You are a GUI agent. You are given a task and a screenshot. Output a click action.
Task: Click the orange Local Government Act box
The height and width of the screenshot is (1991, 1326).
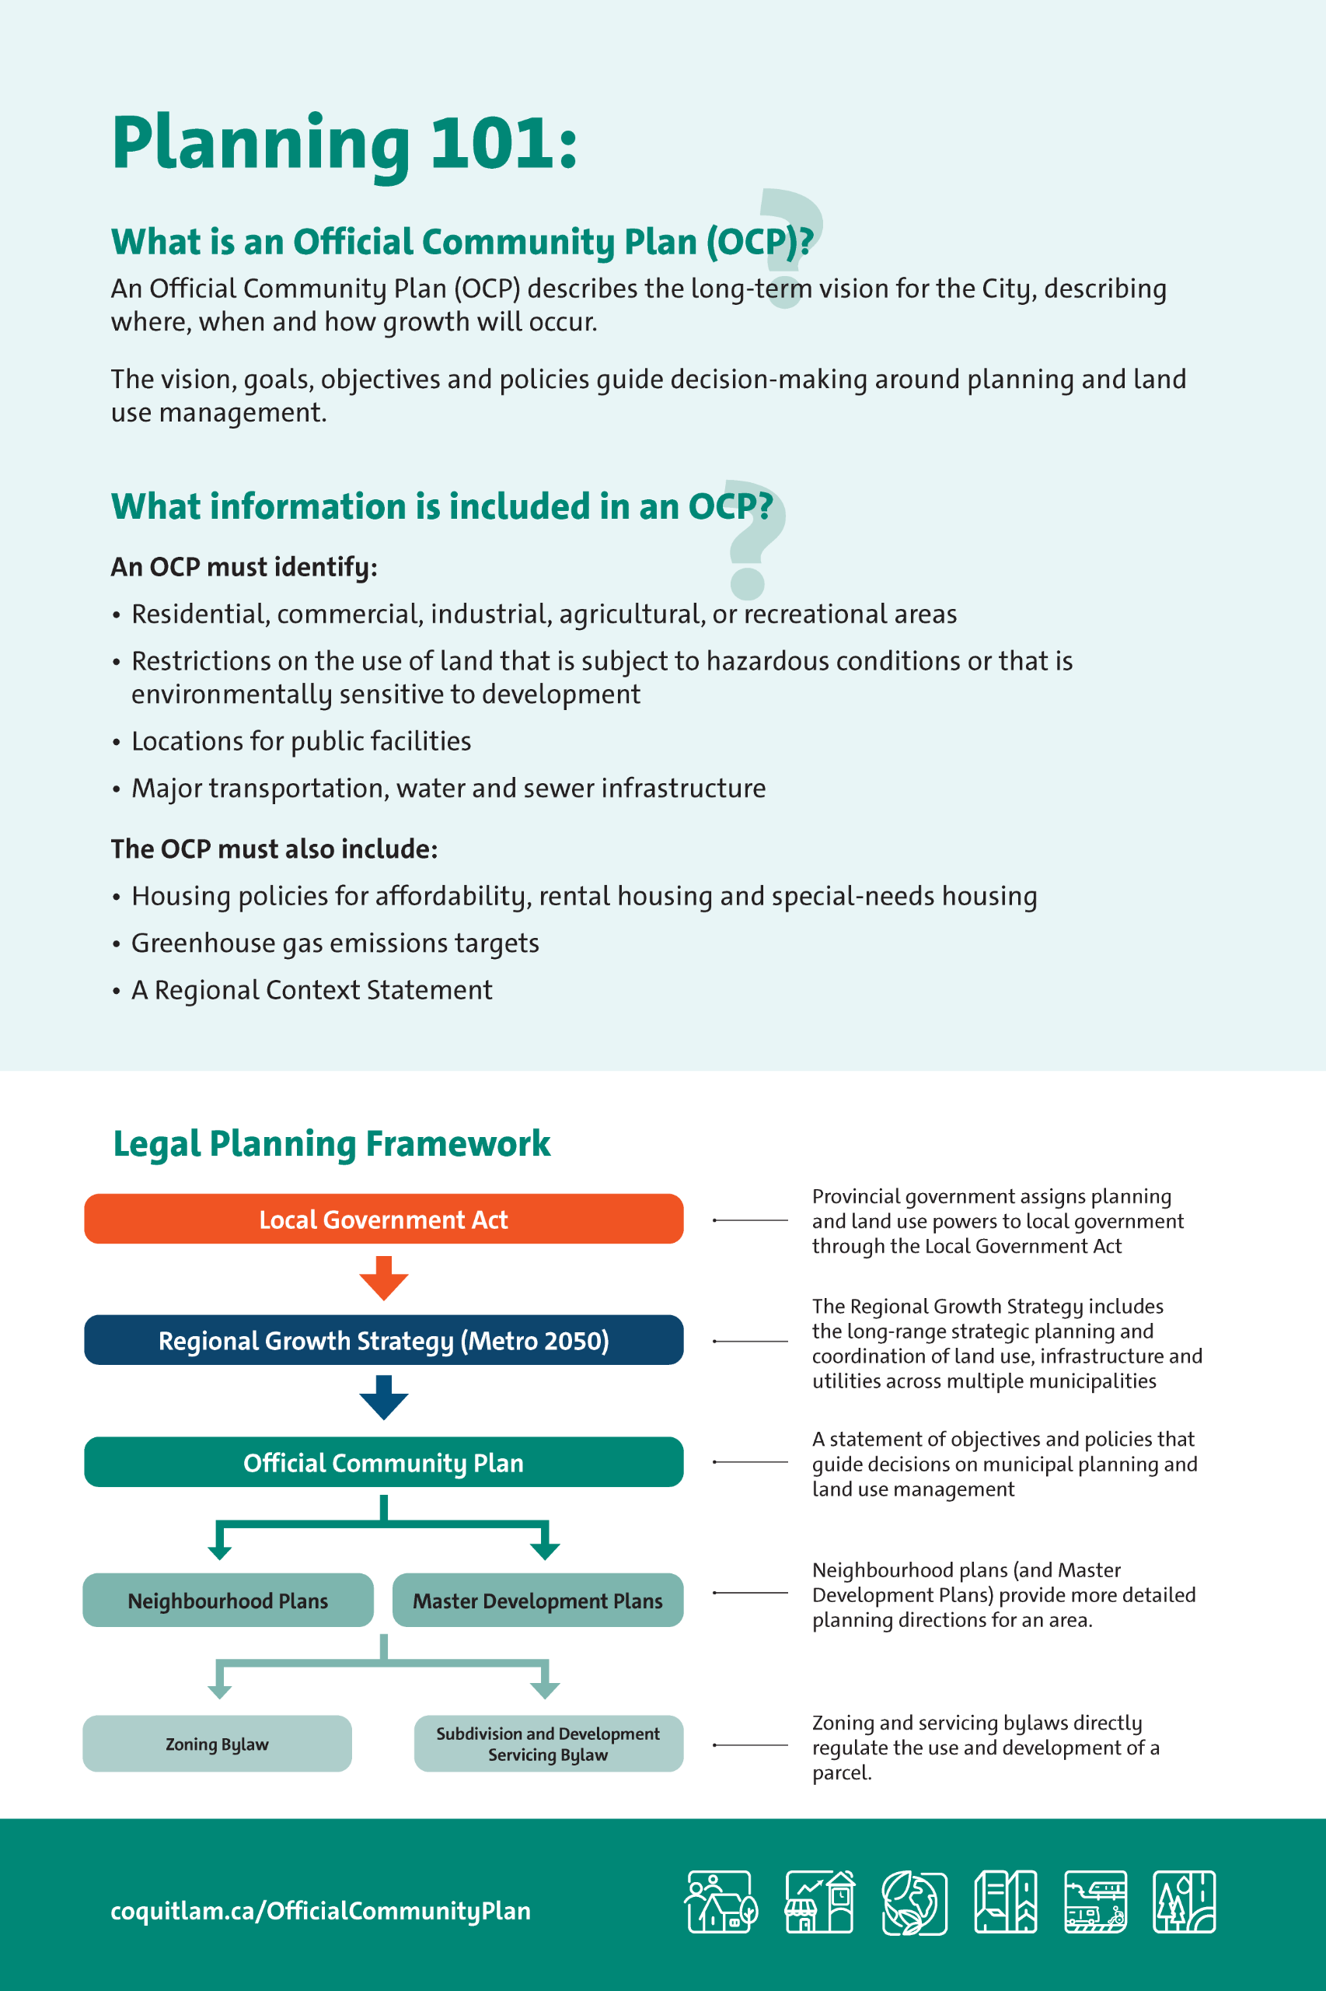(383, 1219)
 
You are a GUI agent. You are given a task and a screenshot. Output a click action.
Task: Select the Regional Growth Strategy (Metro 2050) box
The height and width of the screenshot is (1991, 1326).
(383, 1339)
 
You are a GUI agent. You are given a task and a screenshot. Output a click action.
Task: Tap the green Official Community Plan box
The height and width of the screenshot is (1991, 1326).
(383, 1461)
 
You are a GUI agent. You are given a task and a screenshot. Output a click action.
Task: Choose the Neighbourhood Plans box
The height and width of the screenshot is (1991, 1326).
(228, 1600)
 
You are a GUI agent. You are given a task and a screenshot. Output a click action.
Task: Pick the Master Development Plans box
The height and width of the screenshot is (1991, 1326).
(537, 1600)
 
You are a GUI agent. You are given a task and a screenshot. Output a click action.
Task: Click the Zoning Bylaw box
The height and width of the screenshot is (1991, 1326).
(217, 1743)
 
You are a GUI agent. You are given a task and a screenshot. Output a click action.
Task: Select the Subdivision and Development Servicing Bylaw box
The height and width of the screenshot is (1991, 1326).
(548, 1743)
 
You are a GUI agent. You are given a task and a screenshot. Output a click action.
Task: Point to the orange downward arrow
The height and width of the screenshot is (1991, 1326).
(383, 1278)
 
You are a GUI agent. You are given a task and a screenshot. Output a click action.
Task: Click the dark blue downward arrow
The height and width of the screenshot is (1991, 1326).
(383, 1397)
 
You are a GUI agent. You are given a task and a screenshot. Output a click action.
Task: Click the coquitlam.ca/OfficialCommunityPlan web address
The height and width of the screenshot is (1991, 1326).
(320, 1911)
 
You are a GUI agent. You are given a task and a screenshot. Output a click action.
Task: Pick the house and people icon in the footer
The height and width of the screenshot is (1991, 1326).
(721, 1902)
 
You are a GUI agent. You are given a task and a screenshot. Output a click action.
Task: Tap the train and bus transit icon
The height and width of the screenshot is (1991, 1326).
(1095, 1902)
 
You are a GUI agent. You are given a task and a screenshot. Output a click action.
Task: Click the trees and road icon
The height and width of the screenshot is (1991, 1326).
(1184, 1902)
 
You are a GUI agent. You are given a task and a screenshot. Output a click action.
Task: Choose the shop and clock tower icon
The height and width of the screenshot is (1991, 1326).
(818, 1902)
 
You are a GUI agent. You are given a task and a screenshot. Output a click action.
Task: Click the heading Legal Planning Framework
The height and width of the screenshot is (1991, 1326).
(331, 1143)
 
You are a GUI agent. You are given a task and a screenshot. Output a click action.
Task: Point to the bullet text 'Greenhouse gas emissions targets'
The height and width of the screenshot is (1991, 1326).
(335, 943)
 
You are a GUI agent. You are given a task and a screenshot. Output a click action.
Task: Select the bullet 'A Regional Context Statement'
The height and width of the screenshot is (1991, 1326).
(311, 990)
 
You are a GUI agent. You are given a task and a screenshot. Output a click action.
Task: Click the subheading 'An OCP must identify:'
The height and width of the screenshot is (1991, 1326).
(243, 566)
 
